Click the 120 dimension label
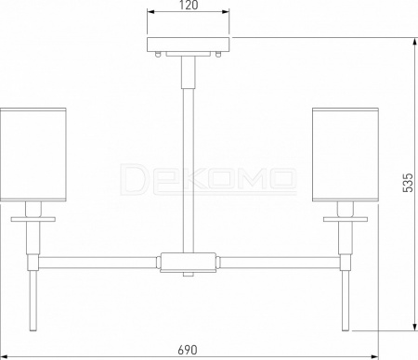click(189, 5)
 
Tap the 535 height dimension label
click(408, 183)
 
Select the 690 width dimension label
click(188, 350)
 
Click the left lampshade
click(33, 155)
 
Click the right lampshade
click(346, 155)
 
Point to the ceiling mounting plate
click(188, 45)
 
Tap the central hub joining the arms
click(188, 263)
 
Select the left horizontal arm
click(98, 263)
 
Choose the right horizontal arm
click(279, 263)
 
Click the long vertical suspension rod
click(188, 170)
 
